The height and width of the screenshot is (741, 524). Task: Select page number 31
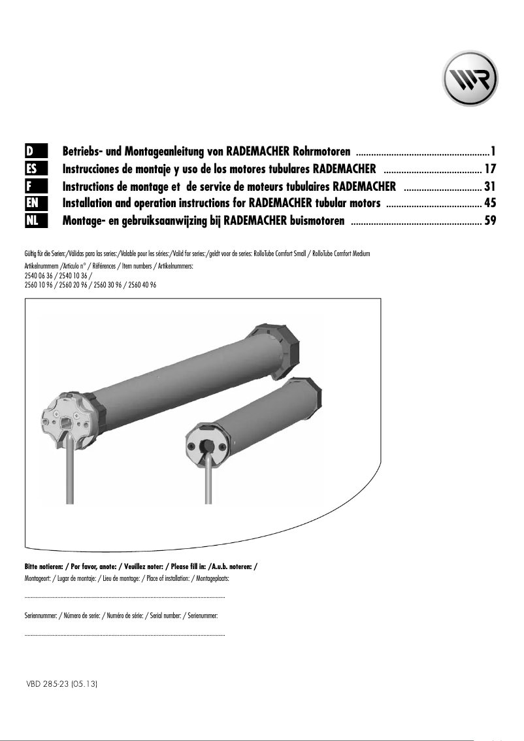click(491, 186)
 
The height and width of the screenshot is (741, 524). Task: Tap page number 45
click(491, 203)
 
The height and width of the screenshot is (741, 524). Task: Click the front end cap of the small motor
click(208, 444)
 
